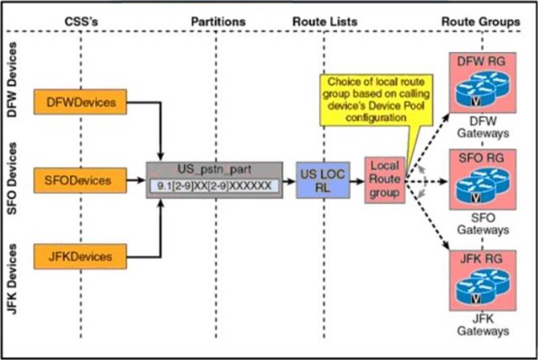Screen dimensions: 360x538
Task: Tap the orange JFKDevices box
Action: pos(81,255)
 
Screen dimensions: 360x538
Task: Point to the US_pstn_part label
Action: pos(214,170)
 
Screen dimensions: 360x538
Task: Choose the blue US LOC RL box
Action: pos(322,180)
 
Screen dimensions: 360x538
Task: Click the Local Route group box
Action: pos(384,180)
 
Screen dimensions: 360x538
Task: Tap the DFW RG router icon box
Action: pos(482,83)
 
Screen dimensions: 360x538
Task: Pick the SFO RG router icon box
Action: pos(482,179)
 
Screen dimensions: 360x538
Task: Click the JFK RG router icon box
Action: pos(482,276)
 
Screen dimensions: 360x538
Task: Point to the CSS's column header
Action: pos(80,22)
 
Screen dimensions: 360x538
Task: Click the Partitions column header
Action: pos(218,22)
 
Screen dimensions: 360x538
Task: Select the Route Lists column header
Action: pos(324,22)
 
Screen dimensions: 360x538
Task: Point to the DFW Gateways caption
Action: pos(482,127)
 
